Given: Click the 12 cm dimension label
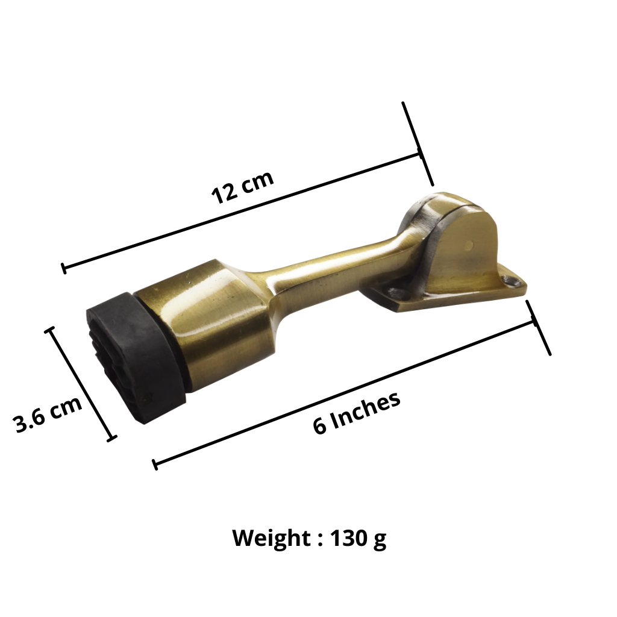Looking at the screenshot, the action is coord(242,187).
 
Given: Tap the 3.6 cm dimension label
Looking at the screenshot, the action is coord(48,413).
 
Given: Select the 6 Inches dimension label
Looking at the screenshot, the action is coord(357,413).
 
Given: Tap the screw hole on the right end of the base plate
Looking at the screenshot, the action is coord(512,281).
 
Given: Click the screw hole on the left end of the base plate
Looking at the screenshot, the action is coord(395,292).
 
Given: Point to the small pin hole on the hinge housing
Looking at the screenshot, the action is coord(468,246).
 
